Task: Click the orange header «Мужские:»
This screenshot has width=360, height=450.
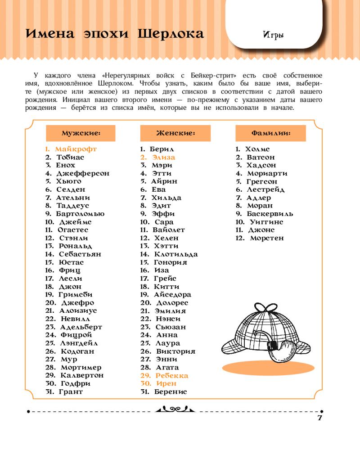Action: (x=81, y=133)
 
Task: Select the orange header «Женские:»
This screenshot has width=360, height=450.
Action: (x=175, y=133)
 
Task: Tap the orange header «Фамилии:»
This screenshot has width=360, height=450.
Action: (x=270, y=133)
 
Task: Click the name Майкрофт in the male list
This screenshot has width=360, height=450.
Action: (x=76, y=149)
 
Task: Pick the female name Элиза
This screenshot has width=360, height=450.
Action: (x=163, y=157)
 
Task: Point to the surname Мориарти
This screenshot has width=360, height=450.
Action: (x=267, y=173)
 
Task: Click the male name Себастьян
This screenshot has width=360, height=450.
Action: (x=80, y=254)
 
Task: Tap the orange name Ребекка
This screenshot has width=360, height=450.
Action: (x=171, y=375)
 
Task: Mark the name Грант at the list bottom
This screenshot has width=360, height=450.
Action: (x=71, y=391)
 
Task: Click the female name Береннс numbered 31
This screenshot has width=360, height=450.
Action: (x=170, y=391)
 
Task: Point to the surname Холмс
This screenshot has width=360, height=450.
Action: (x=257, y=149)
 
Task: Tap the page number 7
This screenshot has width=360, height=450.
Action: (x=320, y=417)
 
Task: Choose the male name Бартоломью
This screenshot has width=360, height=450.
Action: (x=80, y=214)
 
